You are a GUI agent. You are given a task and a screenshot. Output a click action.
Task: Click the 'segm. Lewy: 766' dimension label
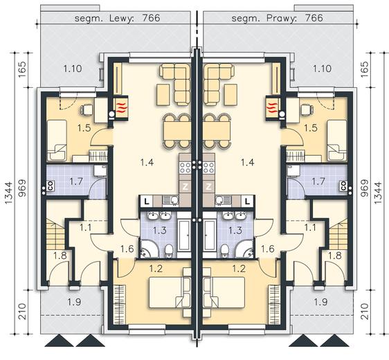tap(118, 18)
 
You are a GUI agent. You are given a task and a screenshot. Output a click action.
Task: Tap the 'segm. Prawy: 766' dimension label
tap(277, 18)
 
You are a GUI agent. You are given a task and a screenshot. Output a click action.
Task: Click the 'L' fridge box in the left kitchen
tap(147, 201)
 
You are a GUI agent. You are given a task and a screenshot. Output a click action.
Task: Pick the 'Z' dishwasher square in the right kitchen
tap(208, 187)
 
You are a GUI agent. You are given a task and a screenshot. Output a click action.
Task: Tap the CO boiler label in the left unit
tap(50, 186)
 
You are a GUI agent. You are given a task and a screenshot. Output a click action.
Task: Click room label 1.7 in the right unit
tap(318, 181)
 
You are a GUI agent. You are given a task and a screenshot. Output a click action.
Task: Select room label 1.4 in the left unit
tap(147, 163)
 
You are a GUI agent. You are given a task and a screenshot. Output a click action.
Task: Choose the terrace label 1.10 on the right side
tap(322, 69)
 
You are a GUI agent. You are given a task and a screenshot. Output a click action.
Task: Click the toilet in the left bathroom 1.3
tap(169, 251)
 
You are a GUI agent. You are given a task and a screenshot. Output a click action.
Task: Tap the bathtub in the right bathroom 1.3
tap(209, 235)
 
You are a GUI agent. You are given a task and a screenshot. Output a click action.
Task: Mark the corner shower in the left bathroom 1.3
tap(148, 249)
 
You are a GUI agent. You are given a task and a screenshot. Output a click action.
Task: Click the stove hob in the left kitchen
tap(185, 168)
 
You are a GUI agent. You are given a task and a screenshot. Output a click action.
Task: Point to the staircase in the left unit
tap(56, 234)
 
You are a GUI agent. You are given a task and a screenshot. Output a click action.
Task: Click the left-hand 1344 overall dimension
tap(9, 193)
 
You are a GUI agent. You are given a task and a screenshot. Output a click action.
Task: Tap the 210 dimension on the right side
tap(365, 312)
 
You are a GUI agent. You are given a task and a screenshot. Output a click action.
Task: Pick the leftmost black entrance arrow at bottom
tap(60, 341)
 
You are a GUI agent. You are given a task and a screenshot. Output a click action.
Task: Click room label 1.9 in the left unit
tap(75, 302)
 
